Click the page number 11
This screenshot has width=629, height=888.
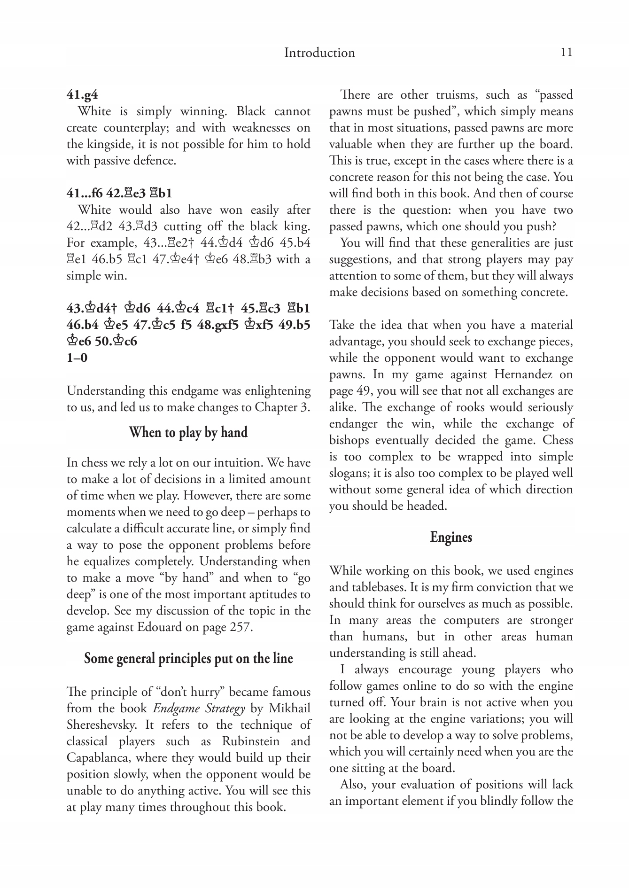point(567,52)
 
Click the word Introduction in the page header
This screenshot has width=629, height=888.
point(319,53)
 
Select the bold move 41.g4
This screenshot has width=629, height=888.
point(82,95)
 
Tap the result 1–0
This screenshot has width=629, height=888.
point(77,358)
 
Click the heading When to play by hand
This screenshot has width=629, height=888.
point(188,432)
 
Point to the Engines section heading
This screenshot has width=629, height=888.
point(451,537)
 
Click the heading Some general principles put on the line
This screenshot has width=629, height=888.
point(188,659)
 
